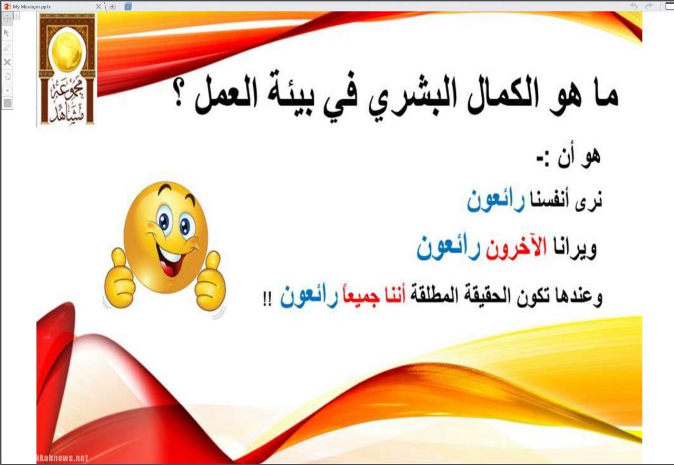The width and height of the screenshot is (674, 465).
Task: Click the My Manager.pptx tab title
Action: pyautogui.click(x=32, y=6)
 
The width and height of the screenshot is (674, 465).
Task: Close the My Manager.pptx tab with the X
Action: pyautogui.click(x=98, y=6)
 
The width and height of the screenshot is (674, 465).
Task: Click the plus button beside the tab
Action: pyautogui.click(x=112, y=6)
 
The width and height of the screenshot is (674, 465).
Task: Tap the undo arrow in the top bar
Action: pyautogui.click(x=634, y=6)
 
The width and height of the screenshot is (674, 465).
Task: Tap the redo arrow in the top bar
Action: pyautogui.click(x=649, y=6)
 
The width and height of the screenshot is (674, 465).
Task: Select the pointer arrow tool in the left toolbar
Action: pyautogui.click(x=7, y=33)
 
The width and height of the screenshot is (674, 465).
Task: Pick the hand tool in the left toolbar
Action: pyautogui.click(x=7, y=76)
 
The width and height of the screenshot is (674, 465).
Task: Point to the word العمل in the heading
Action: pyautogui.click(x=226, y=95)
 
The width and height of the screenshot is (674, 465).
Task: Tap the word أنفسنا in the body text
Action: pyautogui.click(x=549, y=200)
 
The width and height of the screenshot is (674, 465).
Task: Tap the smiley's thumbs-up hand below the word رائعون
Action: pyautogui.click(x=210, y=281)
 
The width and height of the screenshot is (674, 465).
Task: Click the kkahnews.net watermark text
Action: pyautogui.click(x=62, y=458)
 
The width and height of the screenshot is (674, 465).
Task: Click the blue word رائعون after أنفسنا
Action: pyautogui.click(x=496, y=201)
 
